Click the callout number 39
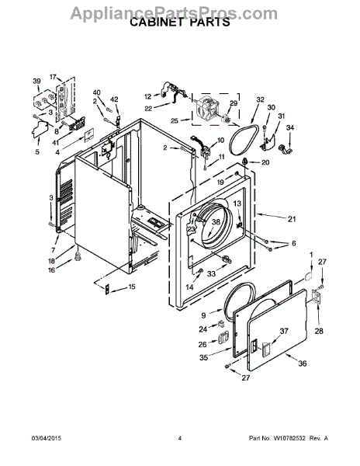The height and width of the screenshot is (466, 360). tap(36, 81)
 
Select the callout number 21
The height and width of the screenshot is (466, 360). tap(292, 219)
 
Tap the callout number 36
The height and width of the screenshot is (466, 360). tap(302, 363)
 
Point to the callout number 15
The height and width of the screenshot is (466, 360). tap(132, 287)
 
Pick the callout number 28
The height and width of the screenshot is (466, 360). tap(319, 331)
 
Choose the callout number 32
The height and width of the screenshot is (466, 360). tap(260, 99)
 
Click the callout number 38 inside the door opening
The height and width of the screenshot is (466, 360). tap(216, 221)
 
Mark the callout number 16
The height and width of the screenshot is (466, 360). tap(52, 270)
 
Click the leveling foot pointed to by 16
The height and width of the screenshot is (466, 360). tap(78, 256)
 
